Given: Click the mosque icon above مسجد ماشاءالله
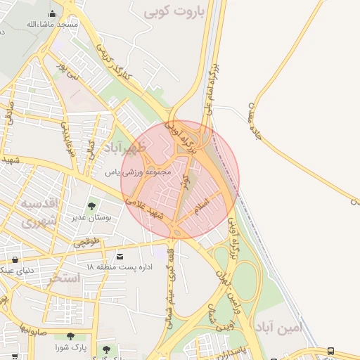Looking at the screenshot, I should [53, 13].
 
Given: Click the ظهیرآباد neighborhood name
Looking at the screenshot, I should [124, 148].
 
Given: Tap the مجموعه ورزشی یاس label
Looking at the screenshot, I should [138, 172].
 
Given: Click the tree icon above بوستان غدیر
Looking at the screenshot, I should [91, 206].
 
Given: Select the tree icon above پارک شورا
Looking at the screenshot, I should [70, 337].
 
